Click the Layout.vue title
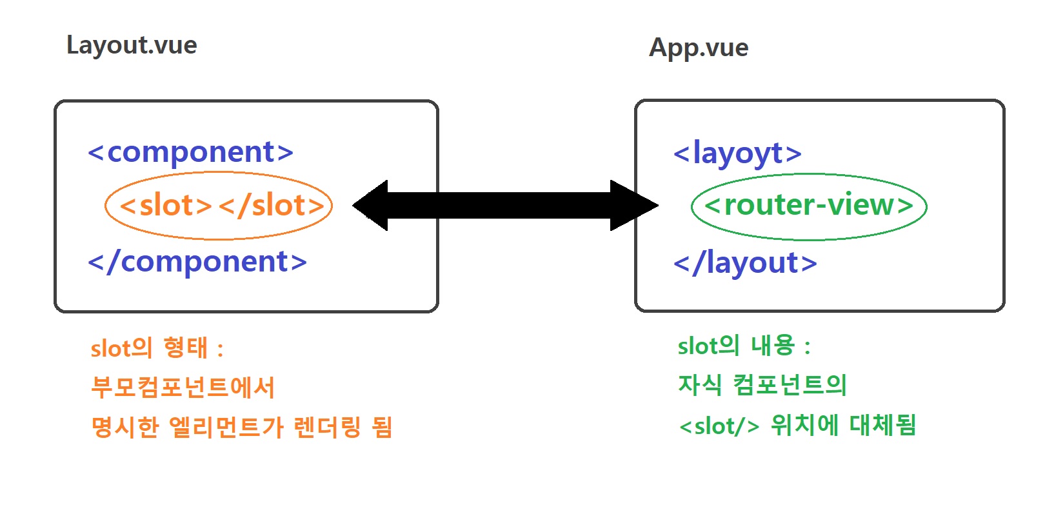132,46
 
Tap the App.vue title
699,48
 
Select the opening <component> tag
191,152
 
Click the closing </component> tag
197,262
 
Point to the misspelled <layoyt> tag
737,153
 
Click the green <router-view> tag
809,206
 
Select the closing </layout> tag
745,263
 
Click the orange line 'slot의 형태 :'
157,348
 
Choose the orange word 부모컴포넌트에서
183,387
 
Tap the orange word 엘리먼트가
226,427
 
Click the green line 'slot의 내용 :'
744,346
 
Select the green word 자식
700,385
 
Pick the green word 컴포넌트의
790,385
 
